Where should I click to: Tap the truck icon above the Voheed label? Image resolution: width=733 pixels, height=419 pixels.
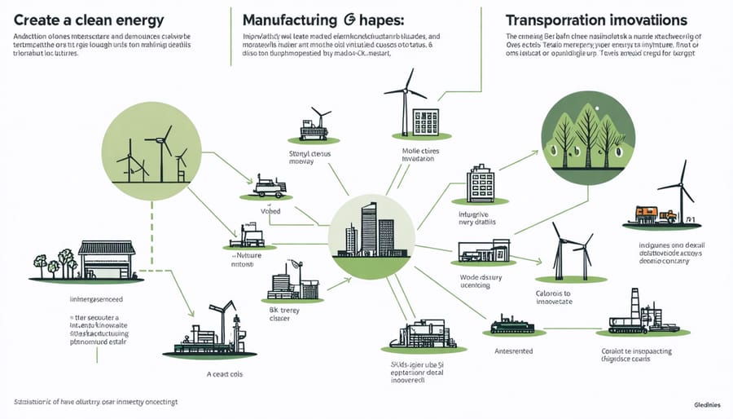(270, 187)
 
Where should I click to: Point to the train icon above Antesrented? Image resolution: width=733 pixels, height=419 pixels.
(512, 327)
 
